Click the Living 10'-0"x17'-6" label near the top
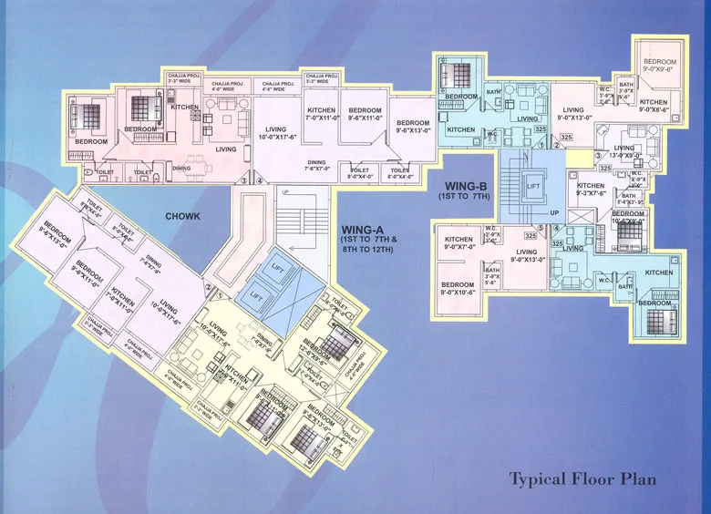(271, 135)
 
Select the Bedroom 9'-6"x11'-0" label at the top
(364, 115)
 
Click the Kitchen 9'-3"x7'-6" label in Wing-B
(591, 190)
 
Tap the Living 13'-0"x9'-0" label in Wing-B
(623, 151)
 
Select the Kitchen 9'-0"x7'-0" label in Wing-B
(459, 243)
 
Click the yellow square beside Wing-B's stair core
(574, 159)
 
